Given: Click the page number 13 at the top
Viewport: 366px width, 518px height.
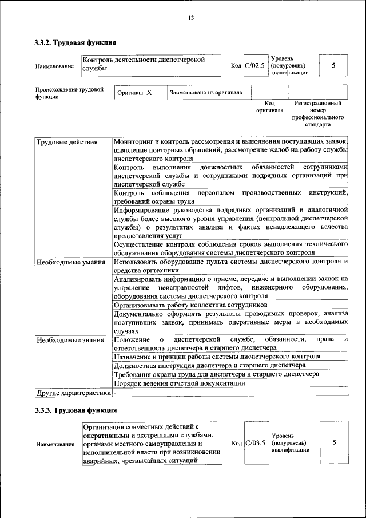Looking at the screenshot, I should coord(191,18).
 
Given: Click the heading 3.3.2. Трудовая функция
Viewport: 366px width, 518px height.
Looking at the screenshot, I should coord(75,42).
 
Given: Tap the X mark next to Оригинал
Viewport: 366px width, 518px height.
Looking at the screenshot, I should coord(149,92).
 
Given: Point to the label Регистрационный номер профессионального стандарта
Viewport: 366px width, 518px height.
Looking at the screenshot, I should coord(317,113).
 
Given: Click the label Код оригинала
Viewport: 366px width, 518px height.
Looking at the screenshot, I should coord(269,106).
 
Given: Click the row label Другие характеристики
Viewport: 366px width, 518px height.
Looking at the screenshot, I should coord(73,393).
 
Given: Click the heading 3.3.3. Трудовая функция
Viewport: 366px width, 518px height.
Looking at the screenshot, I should coord(75,410).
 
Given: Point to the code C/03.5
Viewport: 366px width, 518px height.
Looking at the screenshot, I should coord(254,442).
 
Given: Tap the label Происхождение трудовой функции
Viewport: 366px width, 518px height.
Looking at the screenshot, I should coord(69,93).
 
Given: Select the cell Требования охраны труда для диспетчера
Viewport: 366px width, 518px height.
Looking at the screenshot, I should coord(216,374).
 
